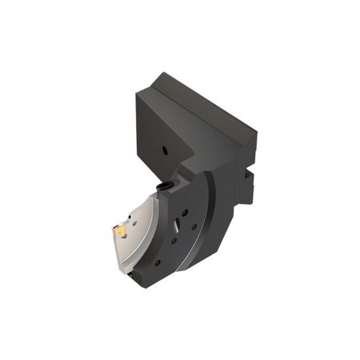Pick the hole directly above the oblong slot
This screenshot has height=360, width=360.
[185, 212]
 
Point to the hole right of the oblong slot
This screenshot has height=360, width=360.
[194, 226]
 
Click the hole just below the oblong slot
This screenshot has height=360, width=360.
[173, 240]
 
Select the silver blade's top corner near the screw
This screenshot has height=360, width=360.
[155, 196]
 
